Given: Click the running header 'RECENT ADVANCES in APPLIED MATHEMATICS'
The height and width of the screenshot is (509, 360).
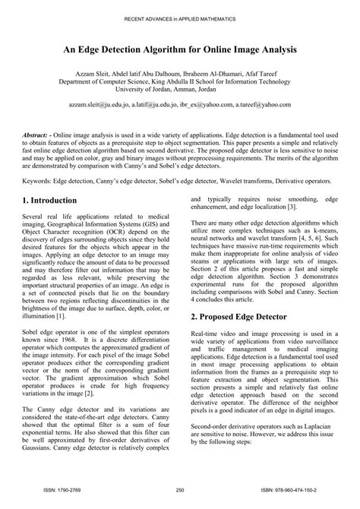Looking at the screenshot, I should (180, 17).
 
